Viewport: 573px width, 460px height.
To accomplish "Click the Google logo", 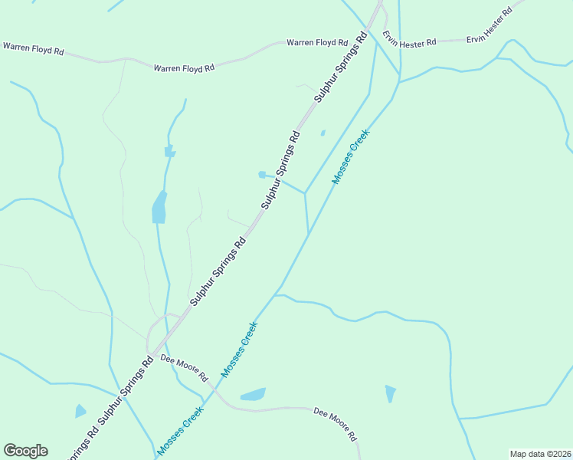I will pyautogui.click(x=25, y=451).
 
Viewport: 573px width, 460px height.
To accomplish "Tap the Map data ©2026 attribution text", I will pyautogui.click(x=540, y=454).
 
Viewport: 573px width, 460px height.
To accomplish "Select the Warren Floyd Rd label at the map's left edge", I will pyautogui.click(x=33, y=48).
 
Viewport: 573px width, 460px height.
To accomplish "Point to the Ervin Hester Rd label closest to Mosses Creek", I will pyautogui.click(x=410, y=39).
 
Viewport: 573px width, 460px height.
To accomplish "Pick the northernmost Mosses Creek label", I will pyautogui.click(x=351, y=156).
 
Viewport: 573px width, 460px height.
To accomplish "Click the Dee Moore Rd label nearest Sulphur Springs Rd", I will pyautogui.click(x=185, y=368).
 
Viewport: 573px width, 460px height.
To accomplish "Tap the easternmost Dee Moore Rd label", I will pyautogui.click(x=336, y=424).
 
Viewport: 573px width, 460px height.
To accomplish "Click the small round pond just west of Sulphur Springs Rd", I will pyautogui.click(x=262, y=175).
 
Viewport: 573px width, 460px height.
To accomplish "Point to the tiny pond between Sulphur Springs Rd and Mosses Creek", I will pyautogui.click(x=323, y=133).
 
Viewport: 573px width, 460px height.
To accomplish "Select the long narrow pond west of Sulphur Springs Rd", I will pyautogui.click(x=159, y=207).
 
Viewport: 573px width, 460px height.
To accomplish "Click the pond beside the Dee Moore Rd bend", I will pyautogui.click(x=253, y=395).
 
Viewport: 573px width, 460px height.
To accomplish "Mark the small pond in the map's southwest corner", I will pyautogui.click(x=80, y=412).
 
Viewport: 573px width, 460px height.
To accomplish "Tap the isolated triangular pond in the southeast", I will pyautogui.click(x=391, y=393).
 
